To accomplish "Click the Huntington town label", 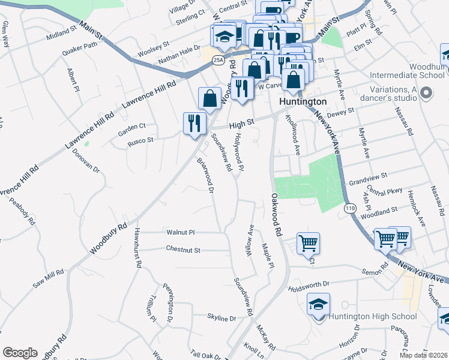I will pyautogui.click(x=303, y=102).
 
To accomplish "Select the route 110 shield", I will pyautogui.click(x=351, y=208).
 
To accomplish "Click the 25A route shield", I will pyautogui.click(x=218, y=59).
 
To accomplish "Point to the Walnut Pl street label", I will pyautogui.click(x=181, y=232).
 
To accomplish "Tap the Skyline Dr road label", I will pyautogui.click(x=221, y=317).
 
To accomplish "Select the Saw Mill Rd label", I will pyautogui.click(x=48, y=278).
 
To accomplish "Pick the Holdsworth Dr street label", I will pyautogui.click(x=309, y=283).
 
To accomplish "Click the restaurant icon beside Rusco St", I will pyautogui.click(x=194, y=124).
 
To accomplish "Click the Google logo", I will pyautogui.click(x=20, y=353).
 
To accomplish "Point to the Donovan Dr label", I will pyautogui.click(x=85, y=161).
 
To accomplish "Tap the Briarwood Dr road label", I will pyautogui.click(x=206, y=176).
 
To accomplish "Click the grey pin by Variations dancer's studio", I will pyautogui.click(x=427, y=94).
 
